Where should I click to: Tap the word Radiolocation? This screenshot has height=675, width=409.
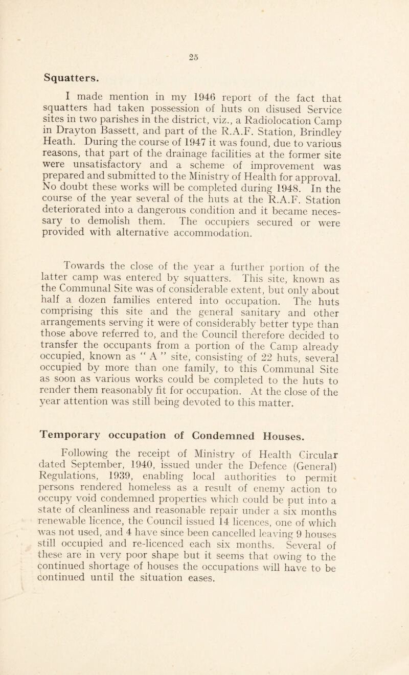click(308, 122)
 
